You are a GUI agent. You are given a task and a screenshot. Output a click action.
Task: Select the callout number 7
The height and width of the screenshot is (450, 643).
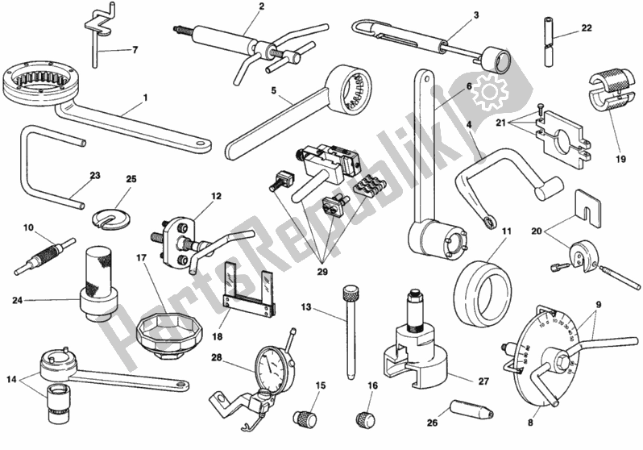coord(134,50)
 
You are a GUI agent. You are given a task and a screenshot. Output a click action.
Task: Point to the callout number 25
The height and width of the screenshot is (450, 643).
coord(132,178)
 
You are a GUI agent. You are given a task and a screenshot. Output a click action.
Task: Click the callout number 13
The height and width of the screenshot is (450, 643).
coord(306,306)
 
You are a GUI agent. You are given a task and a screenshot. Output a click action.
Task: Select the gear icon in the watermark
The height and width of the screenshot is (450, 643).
coord(490,97)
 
